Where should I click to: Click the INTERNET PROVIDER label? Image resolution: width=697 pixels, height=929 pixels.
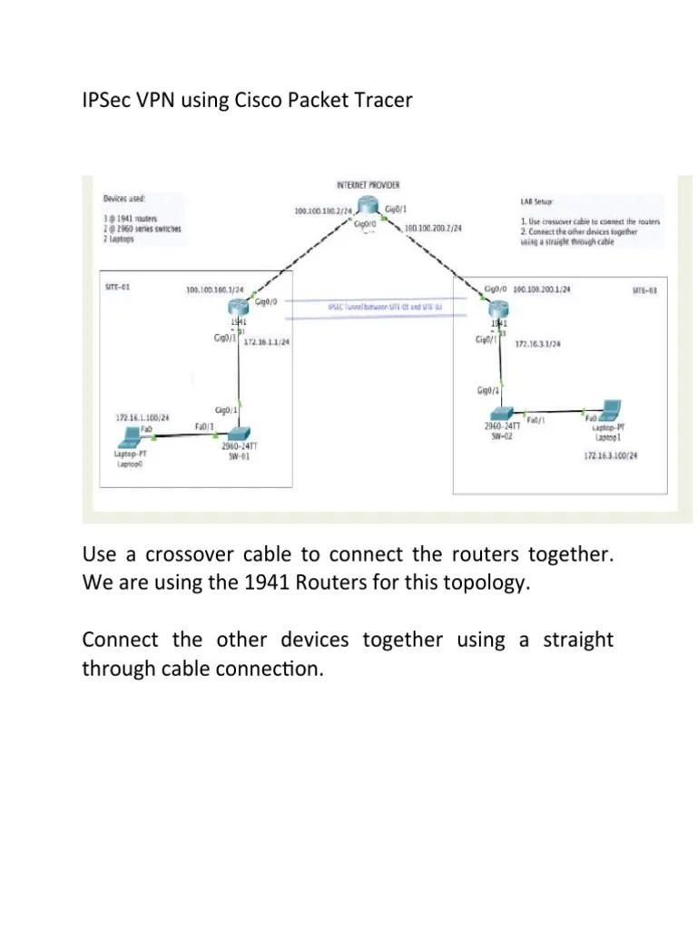pyautogui.click(x=368, y=184)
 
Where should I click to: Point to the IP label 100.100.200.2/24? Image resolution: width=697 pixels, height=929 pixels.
pyautogui.click(x=433, y=229)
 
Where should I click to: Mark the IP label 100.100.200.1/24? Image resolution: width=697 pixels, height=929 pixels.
pyautogui.click(x=542, y=289)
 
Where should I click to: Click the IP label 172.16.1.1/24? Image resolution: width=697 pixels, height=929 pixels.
pyautogui.click(x=265, y=347)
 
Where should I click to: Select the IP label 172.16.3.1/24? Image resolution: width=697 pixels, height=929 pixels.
pyautogui.click(x=537, y=345)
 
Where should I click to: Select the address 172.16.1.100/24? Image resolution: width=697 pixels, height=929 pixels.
pyautogui.click(x=141, y=417)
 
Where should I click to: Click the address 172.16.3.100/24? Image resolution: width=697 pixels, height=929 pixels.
pyautogui.click(x=611, y=455)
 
